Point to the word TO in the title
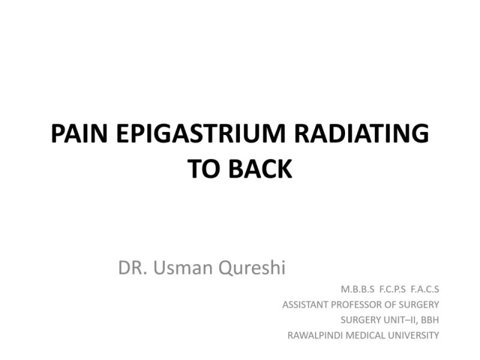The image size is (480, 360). pos(205,169)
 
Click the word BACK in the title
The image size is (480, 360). pos(262,169)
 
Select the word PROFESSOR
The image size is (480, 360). pos(359,304)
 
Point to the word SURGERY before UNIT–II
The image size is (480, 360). pos(361,320)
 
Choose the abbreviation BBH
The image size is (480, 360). pos(430,320)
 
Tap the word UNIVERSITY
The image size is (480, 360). pos(415,335)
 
